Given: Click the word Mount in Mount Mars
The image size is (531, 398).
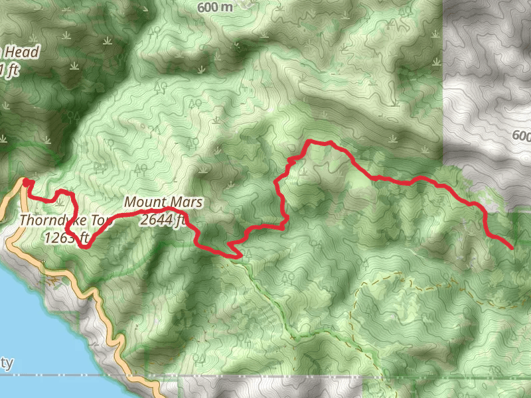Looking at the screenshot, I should pyautogui.click(x=141, y=202).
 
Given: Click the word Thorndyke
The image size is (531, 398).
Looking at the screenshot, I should pyautogui.click(x=49, y=220).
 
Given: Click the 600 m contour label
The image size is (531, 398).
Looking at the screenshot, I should pyautogui.click(x=215, y=7).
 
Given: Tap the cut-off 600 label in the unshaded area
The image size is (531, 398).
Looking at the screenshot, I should pyautogui.click(x=522, y=136).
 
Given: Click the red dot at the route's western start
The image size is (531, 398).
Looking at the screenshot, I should pyautogui.click(x=26, y=181).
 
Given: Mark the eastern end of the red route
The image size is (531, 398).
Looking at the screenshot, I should pyautogui.click(x=512, y=248).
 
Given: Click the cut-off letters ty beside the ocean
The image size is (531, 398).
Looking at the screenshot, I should pyautogui.click(x=7, y=364).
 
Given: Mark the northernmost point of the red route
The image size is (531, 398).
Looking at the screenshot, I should pyautogui.click(x=309, y=141).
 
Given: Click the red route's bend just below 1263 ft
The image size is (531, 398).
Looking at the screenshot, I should pyautogui.click(x=84, y=246).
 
